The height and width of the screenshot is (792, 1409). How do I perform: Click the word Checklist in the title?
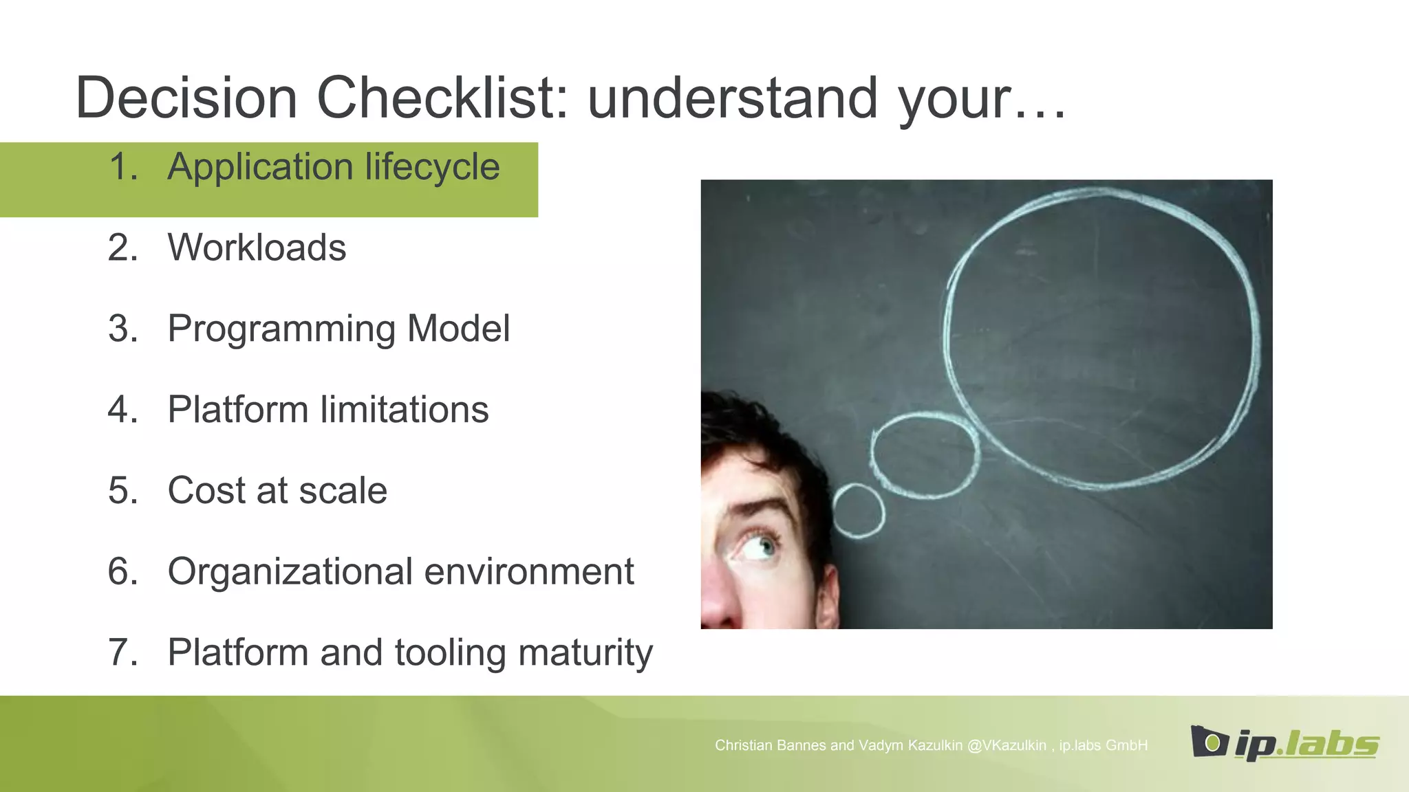441,98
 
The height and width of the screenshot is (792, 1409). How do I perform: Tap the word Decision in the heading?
186,98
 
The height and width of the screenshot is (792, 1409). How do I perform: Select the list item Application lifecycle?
333,167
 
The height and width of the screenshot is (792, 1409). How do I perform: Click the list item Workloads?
257,247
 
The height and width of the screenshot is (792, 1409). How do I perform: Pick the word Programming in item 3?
281,329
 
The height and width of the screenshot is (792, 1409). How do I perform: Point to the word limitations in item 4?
405,410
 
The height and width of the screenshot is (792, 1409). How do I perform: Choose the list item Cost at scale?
277,491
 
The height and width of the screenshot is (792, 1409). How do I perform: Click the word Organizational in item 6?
290,572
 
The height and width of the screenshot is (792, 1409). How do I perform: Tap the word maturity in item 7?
585,652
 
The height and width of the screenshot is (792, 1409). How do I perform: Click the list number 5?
122,491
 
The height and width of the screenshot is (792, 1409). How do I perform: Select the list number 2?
122,247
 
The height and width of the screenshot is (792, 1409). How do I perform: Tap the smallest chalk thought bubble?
859,510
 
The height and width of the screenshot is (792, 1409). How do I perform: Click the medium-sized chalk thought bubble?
924,454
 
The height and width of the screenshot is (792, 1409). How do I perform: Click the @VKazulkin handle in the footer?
1006,745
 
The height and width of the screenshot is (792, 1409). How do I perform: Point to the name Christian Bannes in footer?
770,745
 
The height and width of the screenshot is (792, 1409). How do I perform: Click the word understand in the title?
732,98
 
